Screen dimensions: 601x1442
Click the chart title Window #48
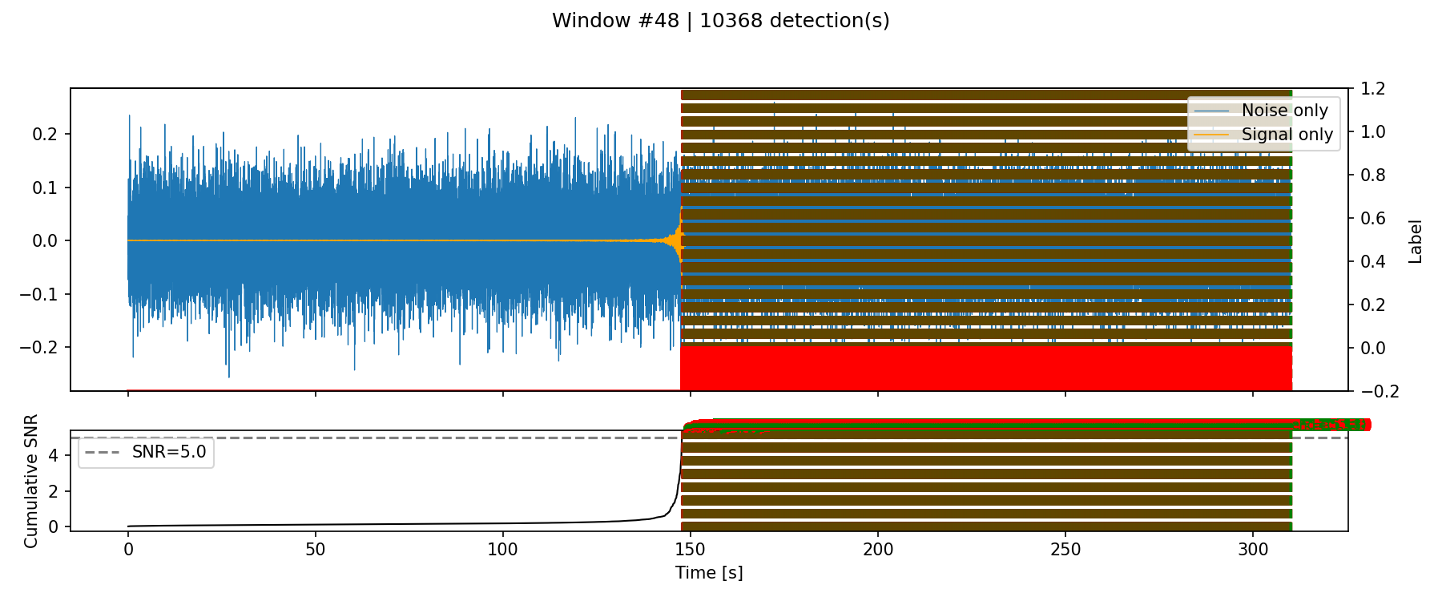(720, 21)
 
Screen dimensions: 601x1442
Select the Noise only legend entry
(1284, 111)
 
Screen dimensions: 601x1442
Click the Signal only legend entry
(1287, 135)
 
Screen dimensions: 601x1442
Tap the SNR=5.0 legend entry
(168, 452)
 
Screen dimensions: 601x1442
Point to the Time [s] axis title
(709, 573)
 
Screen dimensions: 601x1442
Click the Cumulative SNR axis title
(31, 481)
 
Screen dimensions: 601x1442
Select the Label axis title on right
(1416, 241)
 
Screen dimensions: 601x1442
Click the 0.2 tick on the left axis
(46, 134)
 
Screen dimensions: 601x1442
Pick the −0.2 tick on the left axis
(40, 348)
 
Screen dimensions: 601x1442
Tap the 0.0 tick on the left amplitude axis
(46, 241)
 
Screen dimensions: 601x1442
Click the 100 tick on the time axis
(503, 550)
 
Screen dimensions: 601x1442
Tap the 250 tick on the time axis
(1065, 550)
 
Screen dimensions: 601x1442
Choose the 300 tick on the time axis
(1253, 550)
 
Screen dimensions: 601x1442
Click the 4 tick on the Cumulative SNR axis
(53, 456)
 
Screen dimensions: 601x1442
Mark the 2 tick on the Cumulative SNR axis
(53, 491)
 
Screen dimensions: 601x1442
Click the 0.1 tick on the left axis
(46, 188)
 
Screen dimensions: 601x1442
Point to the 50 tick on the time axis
(316, 550)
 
